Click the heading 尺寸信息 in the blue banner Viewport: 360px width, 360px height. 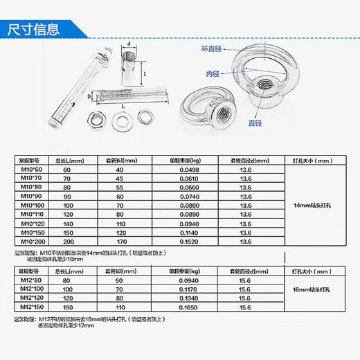pyautogui.click(x=33, y=29)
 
